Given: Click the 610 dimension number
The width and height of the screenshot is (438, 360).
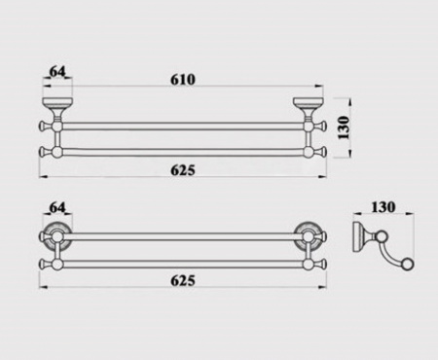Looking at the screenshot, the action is coord(183,79).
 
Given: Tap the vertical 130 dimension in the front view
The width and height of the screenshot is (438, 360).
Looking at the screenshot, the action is coord(344,127).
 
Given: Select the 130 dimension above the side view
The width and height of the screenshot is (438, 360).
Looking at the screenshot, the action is coord(383,207).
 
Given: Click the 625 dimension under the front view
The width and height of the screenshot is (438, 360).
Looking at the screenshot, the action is coord(183,170).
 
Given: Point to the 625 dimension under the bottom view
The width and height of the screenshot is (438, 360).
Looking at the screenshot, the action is coord(183,280).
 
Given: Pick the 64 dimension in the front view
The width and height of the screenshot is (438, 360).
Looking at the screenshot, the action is coord(57,71).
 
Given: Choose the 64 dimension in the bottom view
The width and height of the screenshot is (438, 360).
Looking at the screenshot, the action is coord(57,207).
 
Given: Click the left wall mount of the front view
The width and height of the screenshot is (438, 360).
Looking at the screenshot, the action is coord(57,109).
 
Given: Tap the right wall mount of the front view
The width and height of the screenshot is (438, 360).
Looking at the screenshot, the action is coord(308,109).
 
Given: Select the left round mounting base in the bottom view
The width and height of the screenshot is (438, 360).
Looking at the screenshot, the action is coord(57,236).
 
